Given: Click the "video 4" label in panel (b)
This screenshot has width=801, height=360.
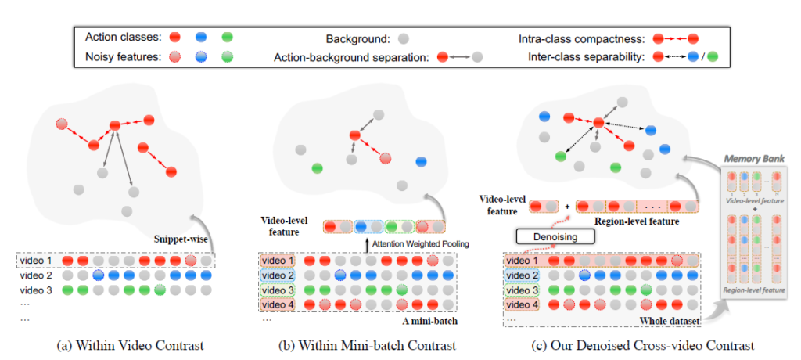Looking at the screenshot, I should coord(277,304).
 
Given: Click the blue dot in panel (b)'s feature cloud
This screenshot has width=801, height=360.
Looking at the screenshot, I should coord(421,163).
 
